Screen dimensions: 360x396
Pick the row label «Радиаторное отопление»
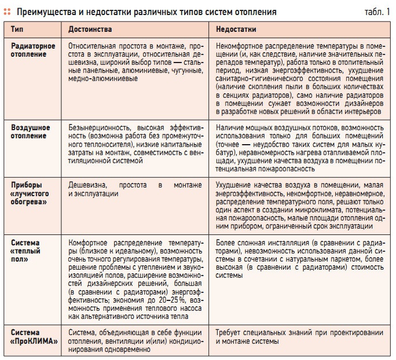33,50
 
